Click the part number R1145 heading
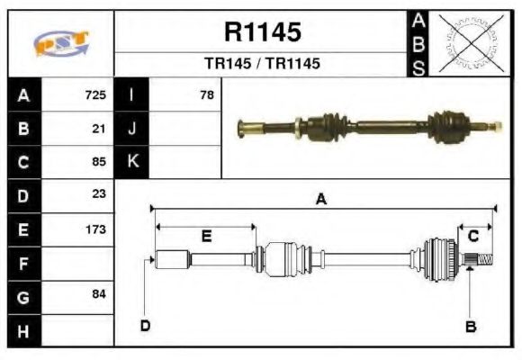click(x=262, y=32)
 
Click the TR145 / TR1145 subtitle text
click(x=262, y=65)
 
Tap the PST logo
click(x=61, y=44)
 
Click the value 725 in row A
click(x=95, y=94)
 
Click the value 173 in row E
click(x=95, y=229)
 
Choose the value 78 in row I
click(x=207, y=94)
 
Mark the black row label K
click(x=131, y=162)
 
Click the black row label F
click(x=23, y=263)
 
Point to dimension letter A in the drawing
click(x=320, y=200)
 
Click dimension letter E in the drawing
click(x=206, y=236)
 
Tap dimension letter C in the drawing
click(x=472, y=236)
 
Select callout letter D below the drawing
click(x=144, y=326)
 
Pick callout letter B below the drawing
click(x=470, y=326)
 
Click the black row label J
click(x=131, y=128)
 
